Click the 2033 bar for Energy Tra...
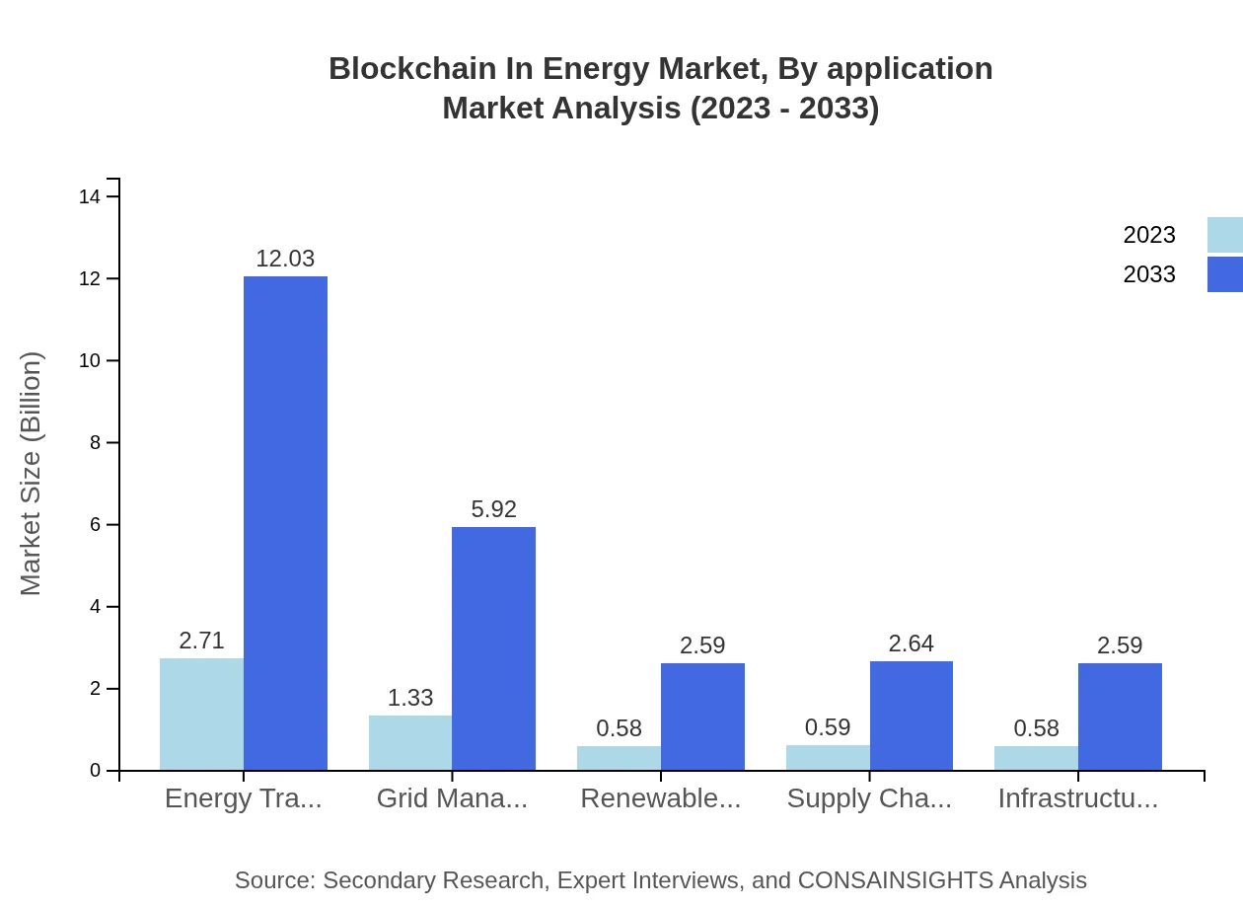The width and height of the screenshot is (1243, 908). point(285,523)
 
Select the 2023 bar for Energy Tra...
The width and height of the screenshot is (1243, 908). point(201,714)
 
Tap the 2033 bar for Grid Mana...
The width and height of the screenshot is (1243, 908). point(493,648)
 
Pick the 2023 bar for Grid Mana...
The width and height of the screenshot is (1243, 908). point(410,742)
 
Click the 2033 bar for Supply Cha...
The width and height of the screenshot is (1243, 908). point(912,716)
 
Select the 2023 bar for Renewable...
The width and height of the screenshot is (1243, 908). point(619,758)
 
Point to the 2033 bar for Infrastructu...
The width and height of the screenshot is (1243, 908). point(1120,717)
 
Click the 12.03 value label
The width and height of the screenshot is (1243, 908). point(285,259)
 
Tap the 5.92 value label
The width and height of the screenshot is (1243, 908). point(493,509)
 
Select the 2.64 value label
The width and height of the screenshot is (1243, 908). point(911,643)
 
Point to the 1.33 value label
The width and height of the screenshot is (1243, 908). point(410,698)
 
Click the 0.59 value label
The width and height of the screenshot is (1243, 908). point(828,727)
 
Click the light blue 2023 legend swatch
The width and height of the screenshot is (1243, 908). point(1224,235)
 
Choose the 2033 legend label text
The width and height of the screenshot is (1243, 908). point(1149,274)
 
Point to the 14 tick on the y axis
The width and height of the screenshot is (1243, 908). point(90,197)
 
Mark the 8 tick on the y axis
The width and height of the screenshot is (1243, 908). point(95,443)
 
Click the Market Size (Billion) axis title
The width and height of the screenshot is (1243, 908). point(32,474)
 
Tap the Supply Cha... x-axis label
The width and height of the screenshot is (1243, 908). point(869,798)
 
